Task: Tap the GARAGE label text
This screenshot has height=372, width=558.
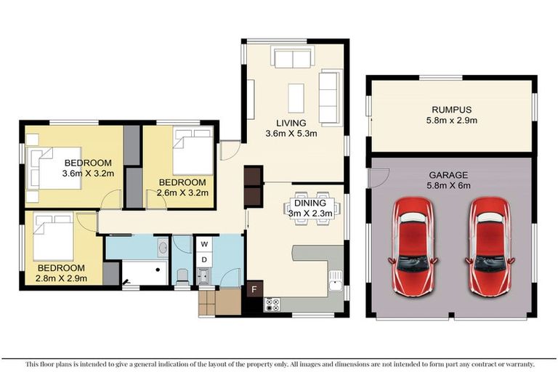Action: pyautogui.click(x=448, y=174)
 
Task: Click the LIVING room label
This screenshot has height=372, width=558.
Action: pyautogui.click(x=291, y=122)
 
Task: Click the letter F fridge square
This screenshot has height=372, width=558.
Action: pyautogui.click(x=254, y=288)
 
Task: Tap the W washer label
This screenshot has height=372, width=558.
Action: pyautogui.click(x=205, y=244)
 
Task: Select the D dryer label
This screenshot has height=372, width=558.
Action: pyautogui.click(x=205, y=259)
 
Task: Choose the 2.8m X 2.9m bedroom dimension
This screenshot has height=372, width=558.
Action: pyautogui.click(x=62, y=278)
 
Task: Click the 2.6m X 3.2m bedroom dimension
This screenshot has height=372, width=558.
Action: pyautogui.click(x=182, y=193)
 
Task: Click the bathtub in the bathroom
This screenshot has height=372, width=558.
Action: pyautogui.click(x=144, y=273)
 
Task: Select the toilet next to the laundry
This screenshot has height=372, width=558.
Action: pyautogui.click(x=182, y=275)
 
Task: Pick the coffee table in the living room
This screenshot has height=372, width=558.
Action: pyautogui.click(x=296, y=97)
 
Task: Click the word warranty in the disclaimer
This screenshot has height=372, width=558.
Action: pyautogui.click(x=517, y=364)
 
